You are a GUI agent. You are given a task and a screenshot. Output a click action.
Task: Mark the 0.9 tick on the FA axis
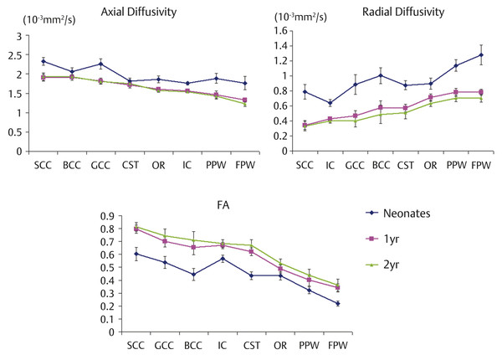coord(108,215)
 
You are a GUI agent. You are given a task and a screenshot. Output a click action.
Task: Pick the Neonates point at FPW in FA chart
coord(337,303)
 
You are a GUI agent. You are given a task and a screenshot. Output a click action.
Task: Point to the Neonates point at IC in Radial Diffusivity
coord(330,103)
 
